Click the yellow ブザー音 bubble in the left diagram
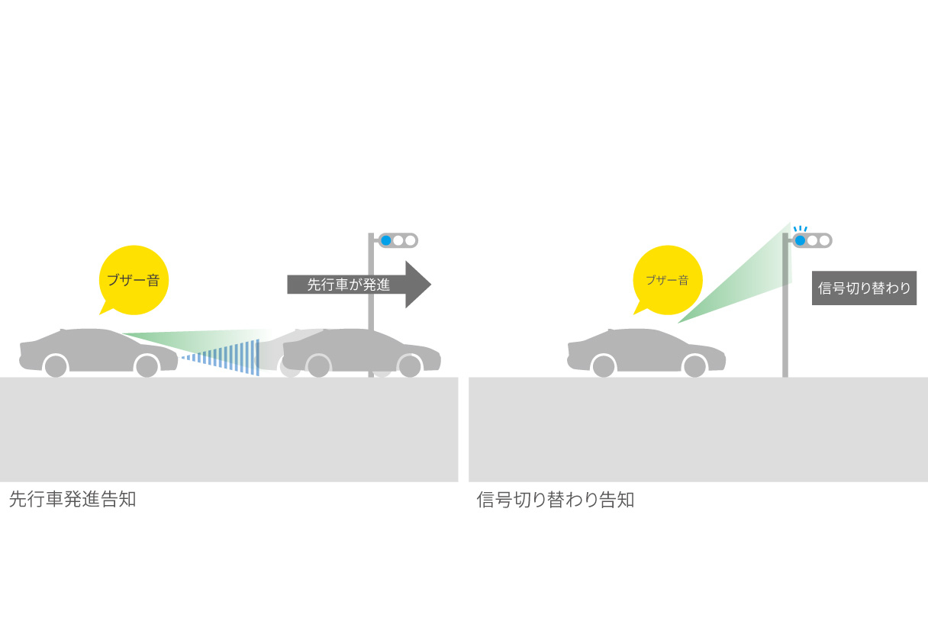134,279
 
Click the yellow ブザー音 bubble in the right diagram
667,279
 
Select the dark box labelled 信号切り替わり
864,288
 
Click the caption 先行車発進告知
72,500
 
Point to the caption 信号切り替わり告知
555,500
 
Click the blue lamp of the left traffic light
386,240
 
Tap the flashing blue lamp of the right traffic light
800,240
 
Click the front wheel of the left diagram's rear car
147,366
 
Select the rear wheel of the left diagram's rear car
56,366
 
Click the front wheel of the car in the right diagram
694,366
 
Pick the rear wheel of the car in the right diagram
604,366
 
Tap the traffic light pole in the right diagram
785,336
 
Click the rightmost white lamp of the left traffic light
411,240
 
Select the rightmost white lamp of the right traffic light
824,240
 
